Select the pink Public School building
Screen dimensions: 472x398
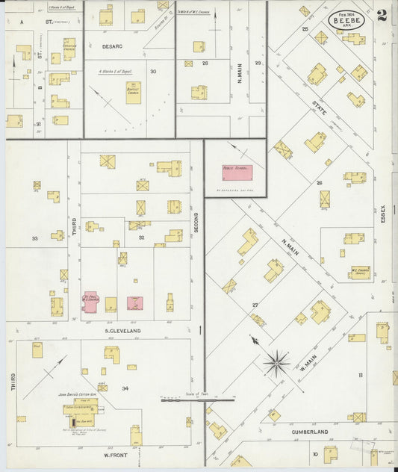point(236,173)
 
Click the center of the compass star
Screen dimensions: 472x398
point(277,363)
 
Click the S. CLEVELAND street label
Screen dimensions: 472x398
point(117,329)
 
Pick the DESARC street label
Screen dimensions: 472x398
point(112,46)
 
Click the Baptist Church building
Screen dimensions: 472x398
point(133,92)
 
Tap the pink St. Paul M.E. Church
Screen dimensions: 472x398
point(90,301)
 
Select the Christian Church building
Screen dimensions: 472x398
point(69,49)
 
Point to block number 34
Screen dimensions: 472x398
point(125,388)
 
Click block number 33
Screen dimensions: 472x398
point(34,238)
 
